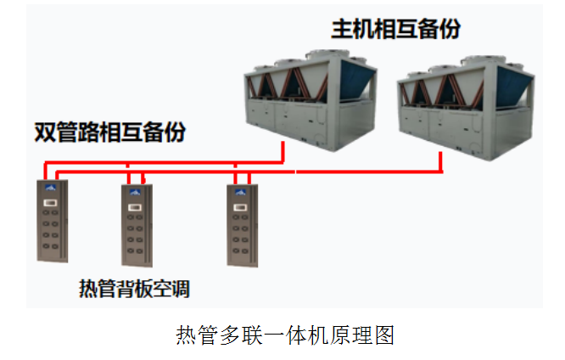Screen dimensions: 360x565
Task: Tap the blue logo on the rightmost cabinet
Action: click(x=239, y=191)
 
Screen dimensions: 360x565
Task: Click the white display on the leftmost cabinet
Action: click(x=49, y=202)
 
